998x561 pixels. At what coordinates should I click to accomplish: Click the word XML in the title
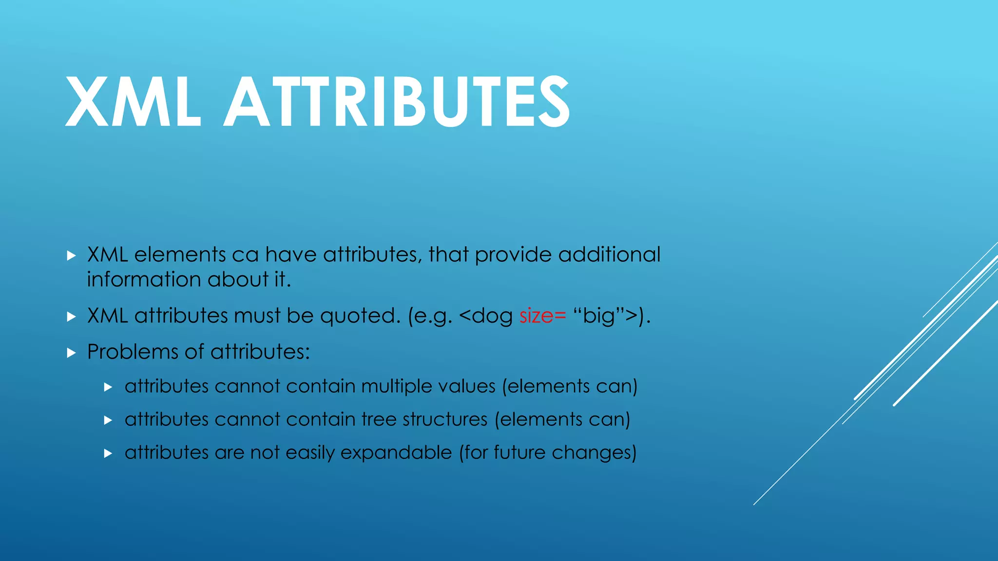133,102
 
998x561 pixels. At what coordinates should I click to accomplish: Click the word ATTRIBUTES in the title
396,102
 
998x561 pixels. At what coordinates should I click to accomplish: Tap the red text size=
542,316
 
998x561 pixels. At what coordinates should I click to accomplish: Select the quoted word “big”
599,316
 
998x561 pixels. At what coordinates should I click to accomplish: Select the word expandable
396,453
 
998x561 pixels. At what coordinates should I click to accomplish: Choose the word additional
609,255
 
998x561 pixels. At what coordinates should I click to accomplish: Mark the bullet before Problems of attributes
71,353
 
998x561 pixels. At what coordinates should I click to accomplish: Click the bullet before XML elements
71,255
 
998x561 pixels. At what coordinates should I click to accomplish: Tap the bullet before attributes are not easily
108,453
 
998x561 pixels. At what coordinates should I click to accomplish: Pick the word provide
513,255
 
